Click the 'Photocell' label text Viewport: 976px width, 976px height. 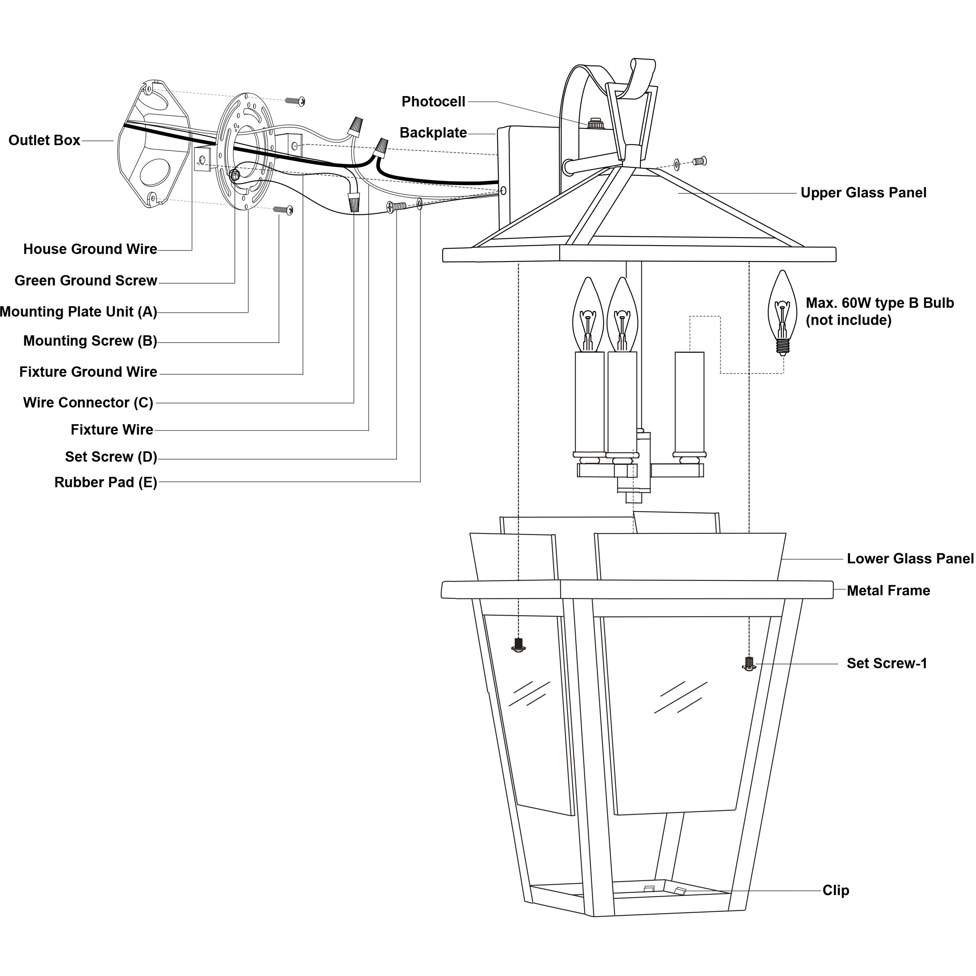click(x=433, y=102)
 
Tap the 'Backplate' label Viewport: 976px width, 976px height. click(x=433, y=133)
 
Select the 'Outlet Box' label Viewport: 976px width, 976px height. click(x=45, y=140)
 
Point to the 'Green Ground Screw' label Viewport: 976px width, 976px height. click(x=86, y=281)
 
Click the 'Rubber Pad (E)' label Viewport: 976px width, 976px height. click(x=106, y=482)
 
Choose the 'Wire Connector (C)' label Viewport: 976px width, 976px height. click(x=88, y=403)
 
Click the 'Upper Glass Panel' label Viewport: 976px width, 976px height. click(x=863, y=193)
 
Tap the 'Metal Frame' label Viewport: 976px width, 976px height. click(x=888, y=590)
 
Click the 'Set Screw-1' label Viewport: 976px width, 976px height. click(x=887, y=663)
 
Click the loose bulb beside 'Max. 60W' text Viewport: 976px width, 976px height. click(x=782, y=313)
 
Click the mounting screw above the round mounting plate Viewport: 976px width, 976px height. click(x=295, y=101)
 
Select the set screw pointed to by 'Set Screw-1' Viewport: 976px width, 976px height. click(x=749, y=664)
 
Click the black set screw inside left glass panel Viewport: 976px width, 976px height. click(x=517, y=645)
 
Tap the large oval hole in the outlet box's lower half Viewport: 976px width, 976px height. click(x=156, y=172)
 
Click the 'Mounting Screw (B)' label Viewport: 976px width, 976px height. click(x=90, y=341)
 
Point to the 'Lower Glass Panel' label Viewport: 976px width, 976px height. click(x=910, y=559)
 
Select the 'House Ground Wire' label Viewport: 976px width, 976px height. click(x=90, y=249)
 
